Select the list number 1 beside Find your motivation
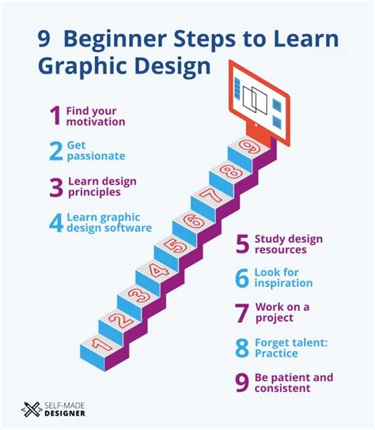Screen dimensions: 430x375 pos(55,117)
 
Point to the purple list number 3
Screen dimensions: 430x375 pos(55,187)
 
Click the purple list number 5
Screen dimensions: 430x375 pos(242,244)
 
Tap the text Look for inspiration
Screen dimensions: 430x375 pos(283,277)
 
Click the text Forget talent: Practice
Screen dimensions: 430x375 pos(289,348)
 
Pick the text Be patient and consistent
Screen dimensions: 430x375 pos(294,383)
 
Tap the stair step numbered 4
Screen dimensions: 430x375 pos(156,272)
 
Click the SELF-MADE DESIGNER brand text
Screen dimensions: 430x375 pos(70,409)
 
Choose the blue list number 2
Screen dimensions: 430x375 pos(55,152)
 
